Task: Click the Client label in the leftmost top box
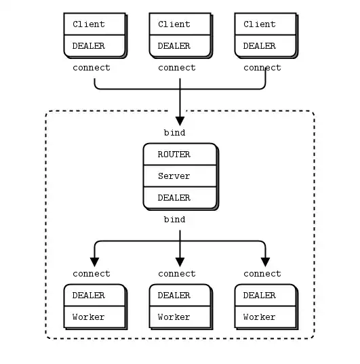89,24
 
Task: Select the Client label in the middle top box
174,24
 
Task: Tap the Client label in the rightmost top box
260,24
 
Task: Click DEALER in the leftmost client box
89,46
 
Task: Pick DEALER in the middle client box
174,46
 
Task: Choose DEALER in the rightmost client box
260,46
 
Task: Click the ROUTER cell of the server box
174,155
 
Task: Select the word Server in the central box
174,176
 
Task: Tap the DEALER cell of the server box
174,198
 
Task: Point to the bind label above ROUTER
174,133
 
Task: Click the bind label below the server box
174,220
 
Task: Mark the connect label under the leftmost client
92,68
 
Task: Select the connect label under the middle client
177,68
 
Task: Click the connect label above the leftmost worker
92,274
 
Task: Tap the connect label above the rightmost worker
262,274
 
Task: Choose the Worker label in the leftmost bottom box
89,317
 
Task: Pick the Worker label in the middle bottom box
174,317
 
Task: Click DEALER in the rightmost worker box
260,296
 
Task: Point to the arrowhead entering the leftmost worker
94,262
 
